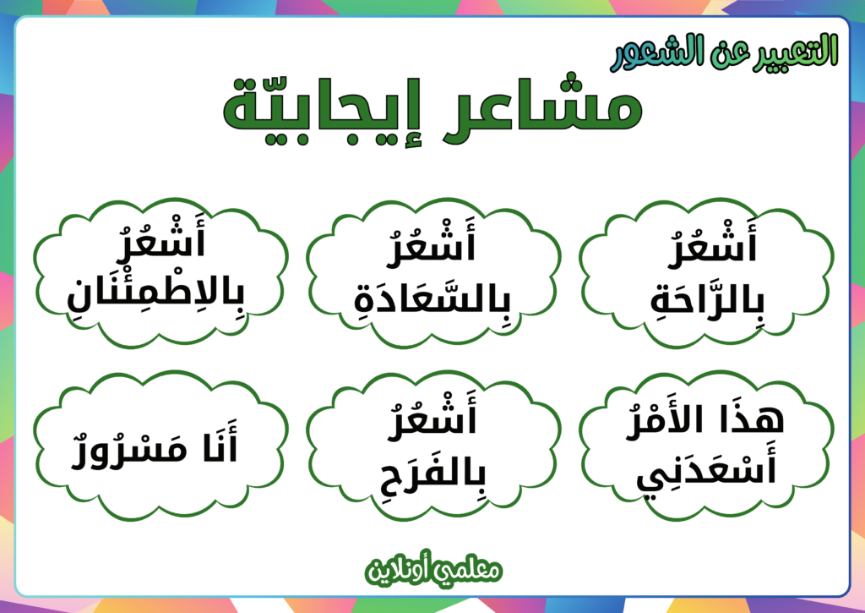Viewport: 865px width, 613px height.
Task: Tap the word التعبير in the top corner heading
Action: point(795,51)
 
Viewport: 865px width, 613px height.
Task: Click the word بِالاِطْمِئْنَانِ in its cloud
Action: point(160,292)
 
